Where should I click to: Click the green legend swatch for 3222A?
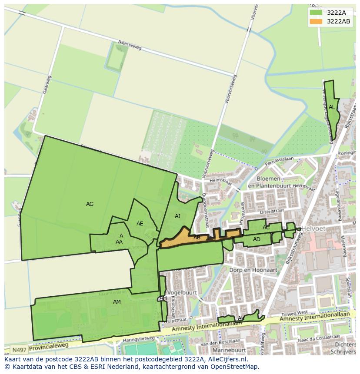tap(316, 12)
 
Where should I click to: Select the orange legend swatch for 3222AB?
tap(316, 21)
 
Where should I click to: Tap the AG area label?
tap(90, 204)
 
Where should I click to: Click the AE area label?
tap(140, 224)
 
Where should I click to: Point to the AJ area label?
tap(177, 216)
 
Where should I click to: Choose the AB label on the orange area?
tap(197, 238)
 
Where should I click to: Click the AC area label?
tap(266, 228)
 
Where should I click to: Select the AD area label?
tap(257, 239)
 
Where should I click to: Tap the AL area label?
tap(332, 107)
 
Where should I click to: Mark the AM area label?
tap(117, 302)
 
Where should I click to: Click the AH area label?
tap(163, 298)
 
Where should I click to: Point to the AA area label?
tap(119, 242)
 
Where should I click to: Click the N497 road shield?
tap(18, 350)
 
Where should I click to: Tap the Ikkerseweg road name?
tap(130, 46)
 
